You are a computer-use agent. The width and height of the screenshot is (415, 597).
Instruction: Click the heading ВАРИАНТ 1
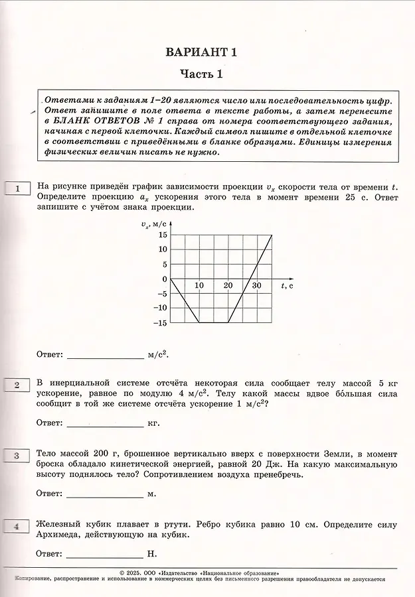click(x=201, y=52)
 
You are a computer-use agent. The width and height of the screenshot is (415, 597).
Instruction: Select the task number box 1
click(x=18, y=189)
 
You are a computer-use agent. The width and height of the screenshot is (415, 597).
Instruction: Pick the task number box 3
click(x=18, y=455)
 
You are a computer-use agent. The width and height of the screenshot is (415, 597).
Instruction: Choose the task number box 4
click(x=18, y=527)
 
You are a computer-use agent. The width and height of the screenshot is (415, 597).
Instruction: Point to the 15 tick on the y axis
click(x=162, y=235)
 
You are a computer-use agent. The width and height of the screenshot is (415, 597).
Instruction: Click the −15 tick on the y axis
click(x=159, y=323)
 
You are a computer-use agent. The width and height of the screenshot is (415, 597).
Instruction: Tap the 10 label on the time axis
click(x=199, y=285)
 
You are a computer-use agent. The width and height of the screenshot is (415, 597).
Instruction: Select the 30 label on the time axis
click(x=257, y=285)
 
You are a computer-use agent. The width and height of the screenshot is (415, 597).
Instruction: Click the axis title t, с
click(x=288, y=285)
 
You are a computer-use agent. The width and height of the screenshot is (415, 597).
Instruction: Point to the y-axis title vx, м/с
click(x=154, y=224)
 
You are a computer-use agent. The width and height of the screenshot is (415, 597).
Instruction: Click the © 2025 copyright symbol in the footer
click(x=121, y=572)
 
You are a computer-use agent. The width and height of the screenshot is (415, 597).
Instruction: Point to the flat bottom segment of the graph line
click(x=214, y=323)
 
